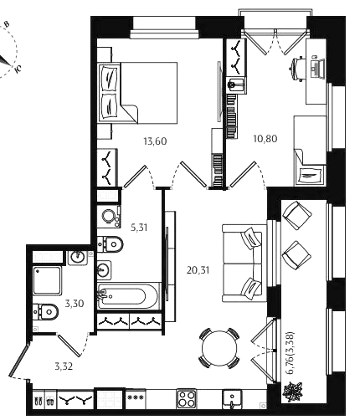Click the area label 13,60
tap(155, 141)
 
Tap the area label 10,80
tap(265, 139)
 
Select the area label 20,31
tap(198, 270)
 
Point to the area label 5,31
tap(139, 228)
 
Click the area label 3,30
tap(75, 303)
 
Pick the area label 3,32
tap(64, 366)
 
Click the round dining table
tap(219, 348)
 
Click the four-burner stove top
tap(187, 399)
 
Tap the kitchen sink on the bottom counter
tap(232, 399)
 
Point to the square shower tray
tap(47, 280)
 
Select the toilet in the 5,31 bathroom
tap(110, 244)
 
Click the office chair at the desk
tap(296, 69)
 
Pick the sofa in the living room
tap(242, 263)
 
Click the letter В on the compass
tap(8, 24)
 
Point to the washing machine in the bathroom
tap(109, 217)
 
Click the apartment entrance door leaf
tap(18, 361)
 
